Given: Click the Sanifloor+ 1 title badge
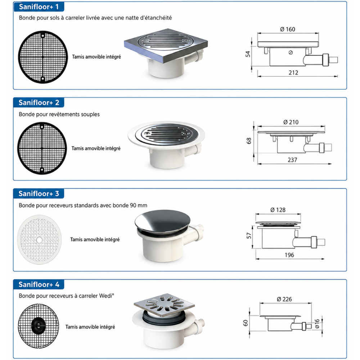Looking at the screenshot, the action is tap(39, 6).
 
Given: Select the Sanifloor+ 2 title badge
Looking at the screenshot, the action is tap(39, 102).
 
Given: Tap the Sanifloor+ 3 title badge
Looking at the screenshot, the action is tap(39, 194).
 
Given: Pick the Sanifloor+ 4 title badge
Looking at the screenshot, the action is tap(39, 284).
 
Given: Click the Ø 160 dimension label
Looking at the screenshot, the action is tap(287, 30).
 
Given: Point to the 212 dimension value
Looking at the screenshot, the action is tap(293, 73).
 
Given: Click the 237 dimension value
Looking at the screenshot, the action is tap(292, 160).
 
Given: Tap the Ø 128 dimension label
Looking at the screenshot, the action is tap(278, 210).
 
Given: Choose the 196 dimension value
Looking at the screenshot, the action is tap(289, 255).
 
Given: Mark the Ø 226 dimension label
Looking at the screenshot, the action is tap(284, 299).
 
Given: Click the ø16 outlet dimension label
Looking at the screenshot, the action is tap(317, 324).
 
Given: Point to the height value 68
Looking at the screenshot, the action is tap(249, 141).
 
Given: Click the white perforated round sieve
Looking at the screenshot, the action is tap(39, 240).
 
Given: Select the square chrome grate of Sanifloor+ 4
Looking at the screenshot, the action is tap(164, 305).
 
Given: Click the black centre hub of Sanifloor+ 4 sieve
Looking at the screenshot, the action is tap(39, 325).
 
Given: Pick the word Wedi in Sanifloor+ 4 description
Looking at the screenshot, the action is tap(105, 296).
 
